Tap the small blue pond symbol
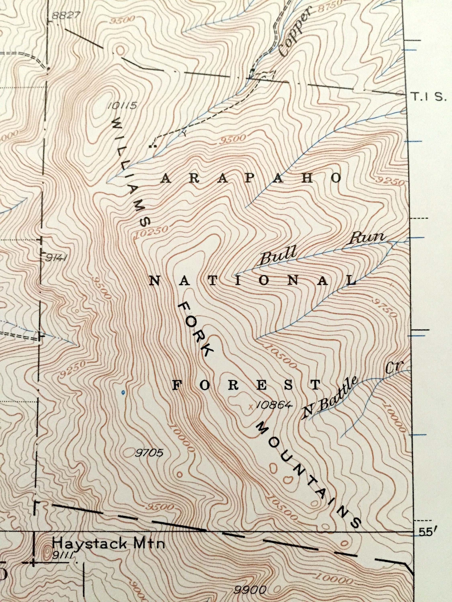point(123,392)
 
